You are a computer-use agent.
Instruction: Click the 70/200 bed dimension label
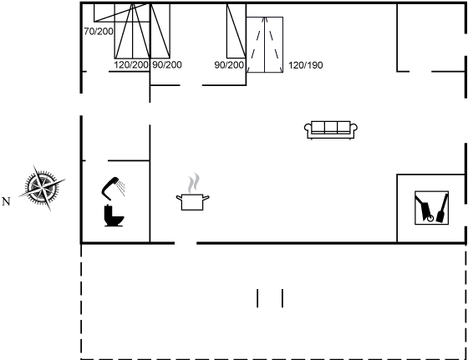(x=99, y=31)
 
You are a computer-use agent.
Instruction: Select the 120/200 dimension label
(x=131, y=64)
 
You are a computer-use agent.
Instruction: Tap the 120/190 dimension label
(x=305, y=65)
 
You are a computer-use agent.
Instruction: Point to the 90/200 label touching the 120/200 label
(x=167, y=64)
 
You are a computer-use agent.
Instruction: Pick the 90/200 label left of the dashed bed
(x=229, y=65)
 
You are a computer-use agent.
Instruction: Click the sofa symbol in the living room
(x=331, y=130)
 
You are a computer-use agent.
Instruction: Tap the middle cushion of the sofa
(x=331, y=127)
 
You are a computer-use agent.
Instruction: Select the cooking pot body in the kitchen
(x=192, y=202)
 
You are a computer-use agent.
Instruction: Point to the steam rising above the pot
(x=194, y=183)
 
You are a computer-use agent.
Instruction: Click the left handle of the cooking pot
(x=179, y=197)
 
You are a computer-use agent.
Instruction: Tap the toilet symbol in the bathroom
(x=114, y=215)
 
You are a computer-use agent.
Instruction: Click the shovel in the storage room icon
(x=442, y=208)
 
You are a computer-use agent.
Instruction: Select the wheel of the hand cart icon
(x=430, y=219)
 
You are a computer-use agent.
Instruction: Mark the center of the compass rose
(x=42, y=188)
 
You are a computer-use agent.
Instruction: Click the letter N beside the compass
(x=6, y=201)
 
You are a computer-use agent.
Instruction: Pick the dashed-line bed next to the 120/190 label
(x=264, y=45)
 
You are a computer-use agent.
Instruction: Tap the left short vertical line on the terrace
(x=257, y=298)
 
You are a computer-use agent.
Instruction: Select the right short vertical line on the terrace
(x=282, y=298)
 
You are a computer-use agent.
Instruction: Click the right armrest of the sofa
(x=354, y=128)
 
